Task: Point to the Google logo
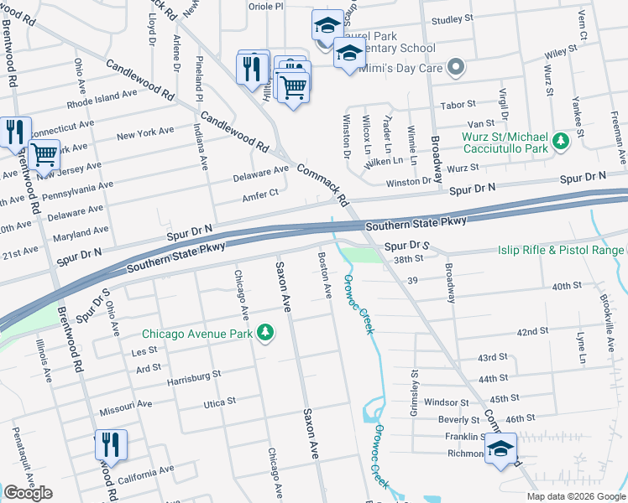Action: click(x=28, y=493)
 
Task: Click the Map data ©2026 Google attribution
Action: click(x=576, y=496)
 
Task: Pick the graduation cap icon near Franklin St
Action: click(x=501, y=449)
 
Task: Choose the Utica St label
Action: click(x=221, y=403)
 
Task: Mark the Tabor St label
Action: click(x=458, y=106)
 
